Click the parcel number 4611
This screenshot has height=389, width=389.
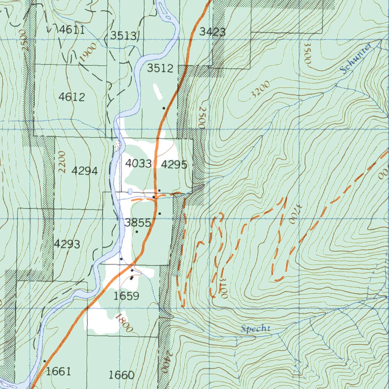click(x=72, y=30)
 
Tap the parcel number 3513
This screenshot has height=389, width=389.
click(x=123, y=36)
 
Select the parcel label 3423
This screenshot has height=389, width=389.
click(x=212, y=32)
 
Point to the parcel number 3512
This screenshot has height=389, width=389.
click(x=160, y=68)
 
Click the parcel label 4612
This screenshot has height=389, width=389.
click(x=71, y=97)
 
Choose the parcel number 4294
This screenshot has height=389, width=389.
click(x=85, y=171)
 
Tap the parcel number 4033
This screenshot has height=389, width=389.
click(x=138, y=164)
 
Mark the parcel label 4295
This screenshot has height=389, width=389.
click(x=174, y=164)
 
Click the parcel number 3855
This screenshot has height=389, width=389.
click(x=138, y=223)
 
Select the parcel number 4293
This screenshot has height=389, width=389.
click(x=67, y=244)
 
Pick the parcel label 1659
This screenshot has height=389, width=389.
click(x=127, y=296)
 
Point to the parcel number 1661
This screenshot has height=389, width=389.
click(x=58, y=371)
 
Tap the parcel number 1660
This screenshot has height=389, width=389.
click(x=121, y=375)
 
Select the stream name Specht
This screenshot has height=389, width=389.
click(x=256, y=329)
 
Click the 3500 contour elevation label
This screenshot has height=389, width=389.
click(x=307, y=53)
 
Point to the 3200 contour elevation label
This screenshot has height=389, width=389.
click(x=260, y=90)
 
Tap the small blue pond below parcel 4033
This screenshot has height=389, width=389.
click(x=130, y=191)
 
